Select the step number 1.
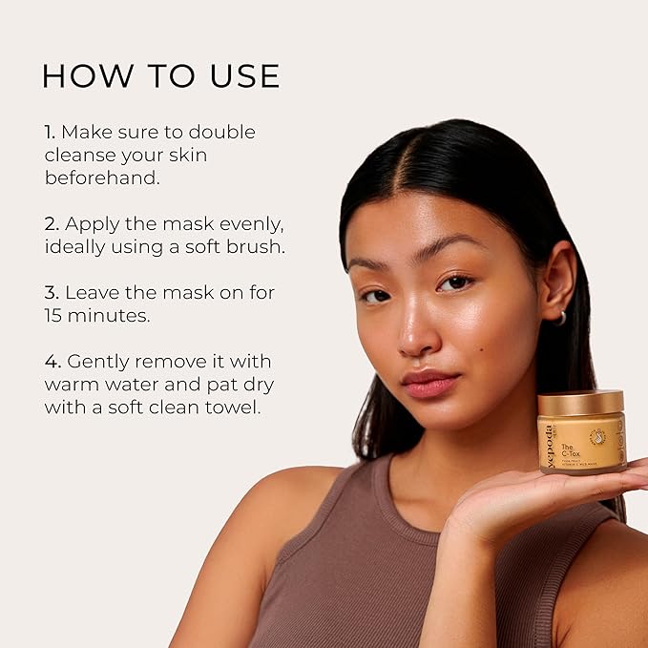(49, 132)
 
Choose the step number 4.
(52, 362)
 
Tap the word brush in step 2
(254, 246)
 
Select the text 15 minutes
(96, 315)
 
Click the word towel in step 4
(233, 407)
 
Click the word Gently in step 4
(98, 362)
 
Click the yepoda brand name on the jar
(550, 444)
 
